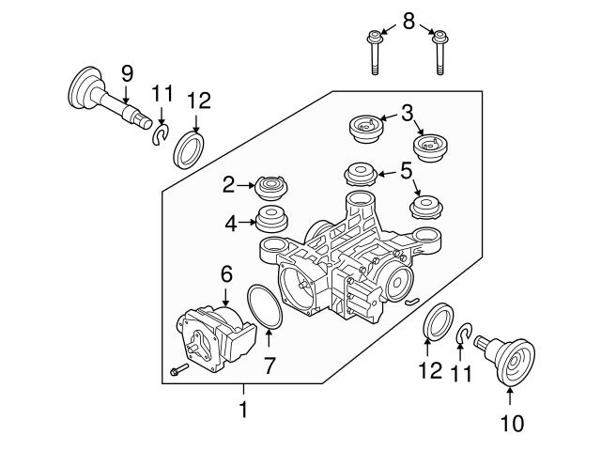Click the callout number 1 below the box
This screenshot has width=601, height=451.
[x=243, y=410]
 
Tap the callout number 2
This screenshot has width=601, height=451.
[x=229, y=185]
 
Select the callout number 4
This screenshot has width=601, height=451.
[x=231, y=224]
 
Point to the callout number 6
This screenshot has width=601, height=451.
[x=226, y=274]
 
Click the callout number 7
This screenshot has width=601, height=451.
[x=270, y=365]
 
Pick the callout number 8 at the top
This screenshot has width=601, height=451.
[x=409, y=21]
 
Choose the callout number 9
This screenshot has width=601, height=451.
[x=128, y=73]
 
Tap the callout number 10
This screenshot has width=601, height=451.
[x=512, y=424]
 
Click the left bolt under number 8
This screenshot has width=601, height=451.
[x=375, y=54]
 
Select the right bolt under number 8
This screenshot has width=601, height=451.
[x=440, y=53]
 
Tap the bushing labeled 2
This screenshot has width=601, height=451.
[x=271, y=188]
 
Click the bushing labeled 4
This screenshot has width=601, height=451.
[x=271, y=219]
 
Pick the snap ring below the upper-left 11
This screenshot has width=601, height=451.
[x=161, y=134]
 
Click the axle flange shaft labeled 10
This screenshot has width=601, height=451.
[x=506, y=360]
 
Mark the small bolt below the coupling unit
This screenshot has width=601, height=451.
[x=179, y=370]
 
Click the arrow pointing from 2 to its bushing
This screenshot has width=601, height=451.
[x=246, y=185]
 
